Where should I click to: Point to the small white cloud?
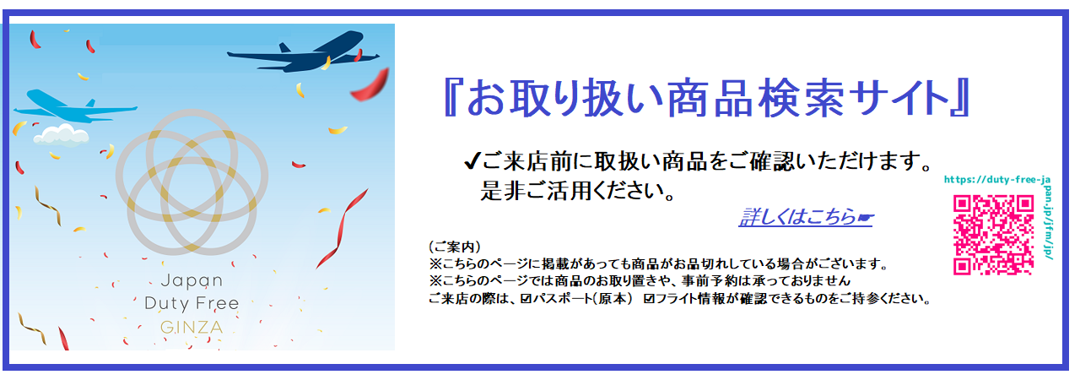tap(62, 135)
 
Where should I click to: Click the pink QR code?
tap(993, 235)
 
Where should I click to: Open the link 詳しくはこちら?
tap(797, 217)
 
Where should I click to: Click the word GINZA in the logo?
tap(192, 328)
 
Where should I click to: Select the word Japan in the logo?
tap(192, 280)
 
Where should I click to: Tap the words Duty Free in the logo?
tap(192, 303)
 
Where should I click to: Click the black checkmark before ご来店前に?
tap(472, 160)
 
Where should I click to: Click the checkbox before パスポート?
tap(526, 299)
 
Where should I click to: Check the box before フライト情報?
tap(649, 299)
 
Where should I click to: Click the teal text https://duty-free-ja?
tap(997, 180)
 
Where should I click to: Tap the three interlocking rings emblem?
tap(192, 182)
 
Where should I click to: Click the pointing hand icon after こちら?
tap(865, 218)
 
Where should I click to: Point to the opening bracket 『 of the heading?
tap(450, 98)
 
